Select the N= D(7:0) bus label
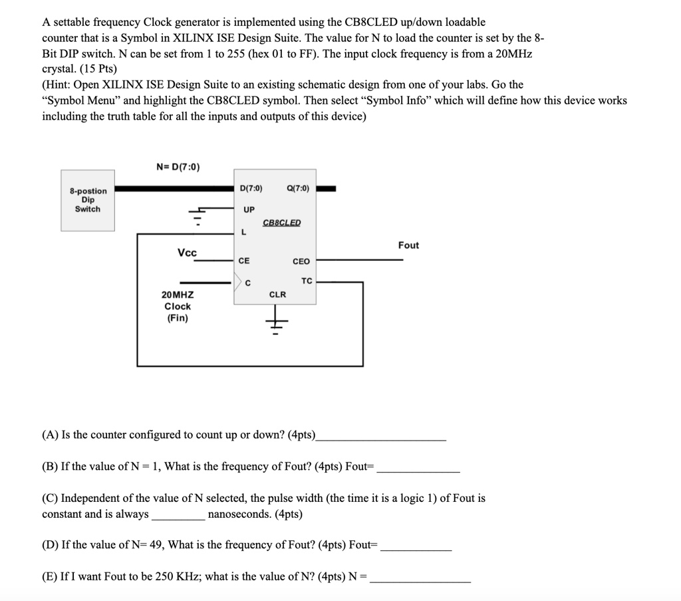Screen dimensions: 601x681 pyautogui.click(x=177, y=166)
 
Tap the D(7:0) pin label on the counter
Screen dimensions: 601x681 pyautogui.click(x=250, y=189)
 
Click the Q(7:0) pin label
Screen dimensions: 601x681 pyautogui.click(x=297, y=189)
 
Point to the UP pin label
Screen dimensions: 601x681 pyautogui.click(x=249, y=209)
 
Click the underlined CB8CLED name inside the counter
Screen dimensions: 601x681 pyautogui.click(x=282, y=222)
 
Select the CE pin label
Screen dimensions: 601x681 pyautogui.click(x=245, y=261)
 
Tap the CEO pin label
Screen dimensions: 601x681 pyautogui.click(x=301, y=262)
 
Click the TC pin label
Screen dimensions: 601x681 pyautogui.click(x=306, y=281)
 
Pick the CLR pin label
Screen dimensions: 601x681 pyautogui.click(x=277, y=294)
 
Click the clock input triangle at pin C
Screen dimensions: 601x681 pyautogui.click(x=237, y=283)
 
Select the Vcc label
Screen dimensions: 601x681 pyautogui.click(x=187, y=253)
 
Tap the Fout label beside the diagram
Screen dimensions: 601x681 pyautogui.click(x=408, y=246)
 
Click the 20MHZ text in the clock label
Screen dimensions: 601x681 pyautogui.click(x=178, y=294)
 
